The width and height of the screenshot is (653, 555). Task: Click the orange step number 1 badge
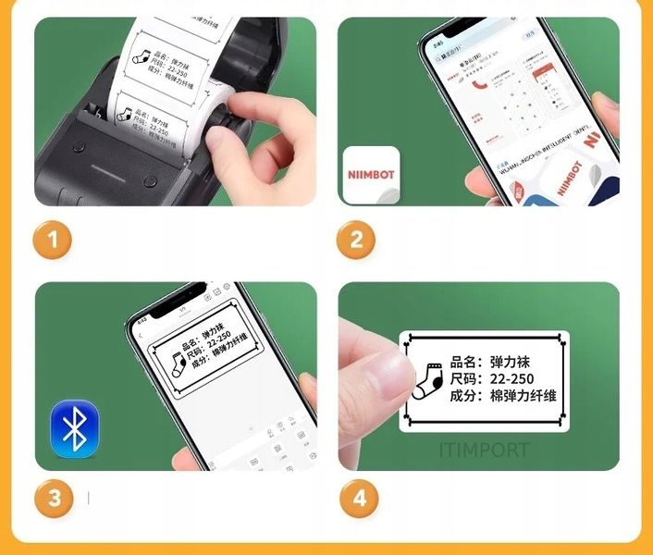click(x=53, y=241)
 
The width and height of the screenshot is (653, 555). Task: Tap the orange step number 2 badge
click(x=356, y=241)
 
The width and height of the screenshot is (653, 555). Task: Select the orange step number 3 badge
click(x=53, y=499)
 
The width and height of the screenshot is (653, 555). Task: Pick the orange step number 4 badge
click(x=356, y=499)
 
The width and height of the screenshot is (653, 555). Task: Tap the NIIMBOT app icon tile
click(x=371, y=175)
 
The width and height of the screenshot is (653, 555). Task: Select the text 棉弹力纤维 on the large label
click(x=524, y=396)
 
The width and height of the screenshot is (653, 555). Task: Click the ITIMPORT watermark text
click(x=484, y=450)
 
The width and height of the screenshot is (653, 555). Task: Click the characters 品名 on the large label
click(x=465, y=362)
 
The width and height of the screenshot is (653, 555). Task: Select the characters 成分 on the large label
click(x=465, y=396)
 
